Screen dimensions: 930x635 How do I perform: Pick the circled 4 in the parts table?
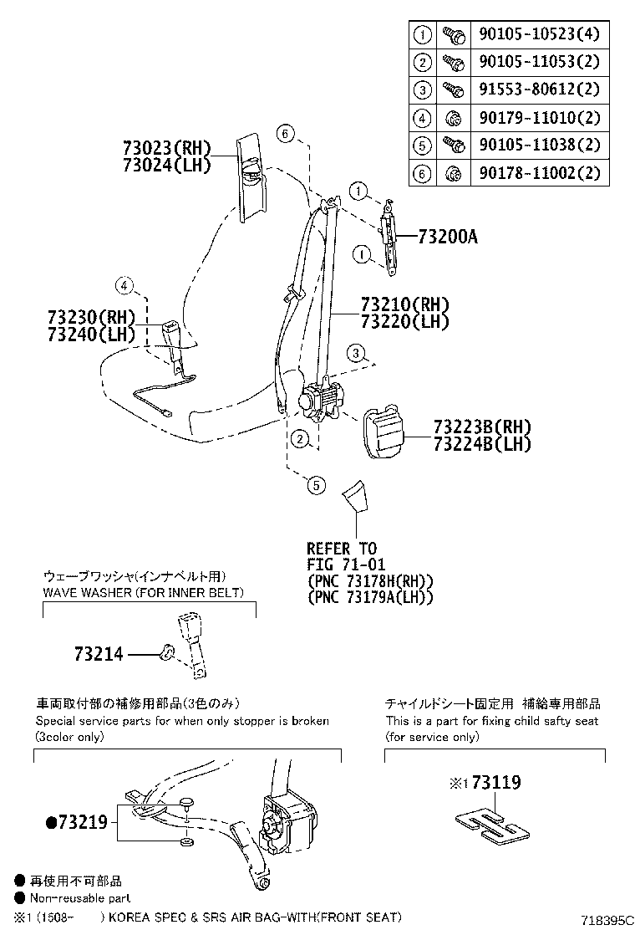tap(422, 118)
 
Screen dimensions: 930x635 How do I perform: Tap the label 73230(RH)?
tap(91, 318)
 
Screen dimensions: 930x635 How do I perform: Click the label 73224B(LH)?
tap(482, 444)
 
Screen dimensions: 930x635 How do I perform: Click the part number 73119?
tap(495, 783)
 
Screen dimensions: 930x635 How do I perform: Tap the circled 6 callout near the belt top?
tap(285, 133)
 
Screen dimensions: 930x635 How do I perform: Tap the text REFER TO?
tap(341, 549)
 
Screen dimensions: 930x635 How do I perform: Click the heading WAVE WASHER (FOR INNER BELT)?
tap(143, 593)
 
